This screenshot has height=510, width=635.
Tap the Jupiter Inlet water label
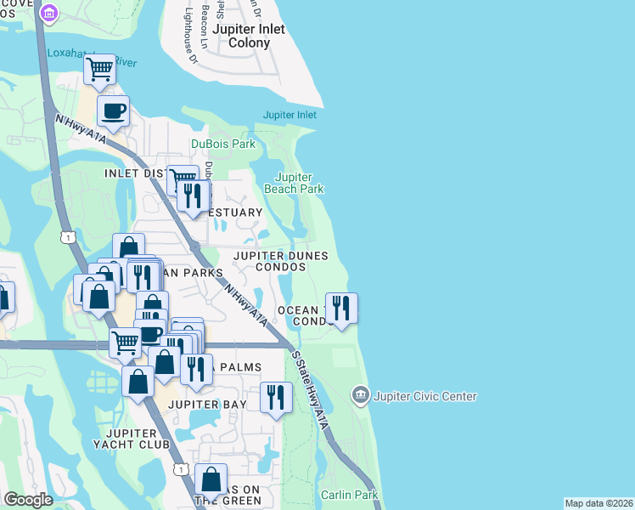(289, 115)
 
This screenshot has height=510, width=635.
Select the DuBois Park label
(223, 144)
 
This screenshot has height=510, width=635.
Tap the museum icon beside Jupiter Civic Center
(360, 395)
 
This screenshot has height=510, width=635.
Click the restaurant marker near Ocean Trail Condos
(341, 309)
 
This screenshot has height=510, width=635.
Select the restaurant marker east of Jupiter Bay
(276, 398)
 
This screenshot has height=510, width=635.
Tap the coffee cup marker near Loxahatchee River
(113, 110)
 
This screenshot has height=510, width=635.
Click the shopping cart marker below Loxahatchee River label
(100, 70)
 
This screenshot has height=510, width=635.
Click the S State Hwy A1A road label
(309, 386)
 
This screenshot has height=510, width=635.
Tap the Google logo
(28, 500)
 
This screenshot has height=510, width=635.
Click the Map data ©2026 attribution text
(598, 503)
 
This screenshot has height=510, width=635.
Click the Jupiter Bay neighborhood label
(206, 405)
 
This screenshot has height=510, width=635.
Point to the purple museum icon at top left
(48, 14)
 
